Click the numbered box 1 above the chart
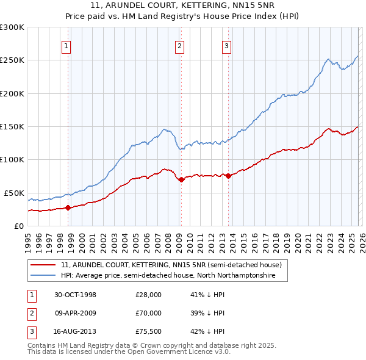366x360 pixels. (x=66, y=45)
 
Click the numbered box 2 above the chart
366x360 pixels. (x=179, y=45)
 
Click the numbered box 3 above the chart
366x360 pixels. (x=226, y=45)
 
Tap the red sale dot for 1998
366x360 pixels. (x=68, y=207)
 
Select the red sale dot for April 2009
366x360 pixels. (x=181, y=179)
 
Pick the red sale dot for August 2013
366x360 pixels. (x=228, y=176)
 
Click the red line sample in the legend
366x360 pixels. (x=44, y=265)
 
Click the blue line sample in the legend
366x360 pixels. (x=44, y=276)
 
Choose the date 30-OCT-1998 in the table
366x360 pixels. (x=76, y=295)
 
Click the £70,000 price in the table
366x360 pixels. (x=148, y=313)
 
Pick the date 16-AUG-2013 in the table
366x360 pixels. (x=76, y=331)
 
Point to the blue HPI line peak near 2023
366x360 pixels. (x=328, y=59)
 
